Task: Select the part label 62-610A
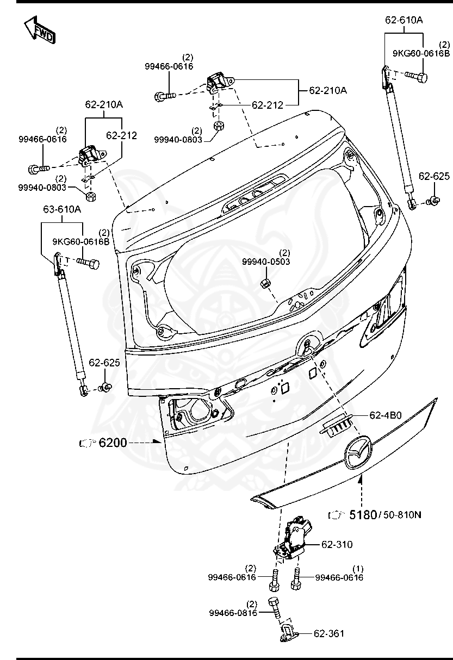[x=404, y=20]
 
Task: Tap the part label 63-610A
[x=62, y=209]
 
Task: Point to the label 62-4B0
[x=385, y=415]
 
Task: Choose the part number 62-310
[x=337, y=544]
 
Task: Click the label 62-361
[x=329, y=633]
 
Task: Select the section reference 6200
[x=113, y=443]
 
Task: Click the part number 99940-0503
[x=266, y=261]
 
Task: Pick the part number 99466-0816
[x=232, y=613]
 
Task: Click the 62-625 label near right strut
[x=434, y=176]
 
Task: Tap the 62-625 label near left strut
[x=104, y=363]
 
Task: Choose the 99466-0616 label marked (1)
[x=339, y=578]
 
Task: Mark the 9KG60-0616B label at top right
[x=421, y=53]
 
